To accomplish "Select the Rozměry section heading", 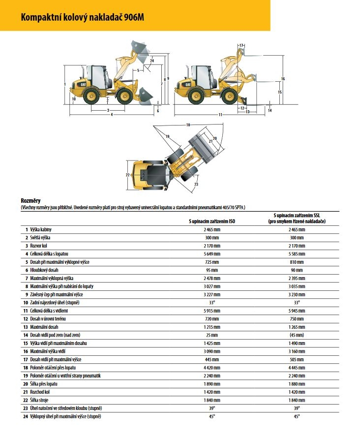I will pyautogui.click(x=30, y=200).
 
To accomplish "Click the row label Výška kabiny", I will pyautogui.click(x=43, y=229).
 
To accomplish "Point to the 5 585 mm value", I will pyautogui.click(x=296, y=253).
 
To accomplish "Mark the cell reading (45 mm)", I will pyautogui.click(x=296, y=335).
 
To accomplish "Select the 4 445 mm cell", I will pyautogui.click(x=296, y=367).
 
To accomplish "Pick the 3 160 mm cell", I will pyautogui.click(x=296, y=351).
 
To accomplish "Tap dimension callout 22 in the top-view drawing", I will pyautogui.click(x=127, y=175).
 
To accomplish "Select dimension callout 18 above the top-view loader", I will pyautogui.click(x=187, y=125).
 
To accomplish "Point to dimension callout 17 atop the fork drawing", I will pyautogui.click(x=241, y=46).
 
